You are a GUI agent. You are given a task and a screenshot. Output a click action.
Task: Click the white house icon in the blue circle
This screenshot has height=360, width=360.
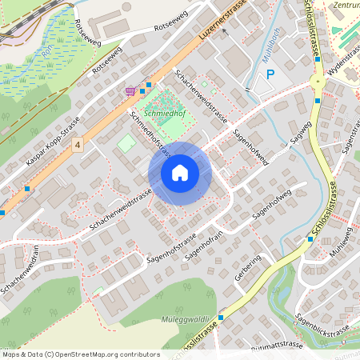tap(179, 173)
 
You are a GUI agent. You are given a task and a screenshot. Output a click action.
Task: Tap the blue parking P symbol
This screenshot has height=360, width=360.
tap(270, 74)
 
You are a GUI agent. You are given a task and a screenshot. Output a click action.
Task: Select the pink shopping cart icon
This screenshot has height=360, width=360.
tap(130, 90)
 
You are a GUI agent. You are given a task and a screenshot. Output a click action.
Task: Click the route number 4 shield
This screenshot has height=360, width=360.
tap(77, 145)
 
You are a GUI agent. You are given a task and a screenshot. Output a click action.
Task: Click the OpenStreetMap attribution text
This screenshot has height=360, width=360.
tap(81, 354)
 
